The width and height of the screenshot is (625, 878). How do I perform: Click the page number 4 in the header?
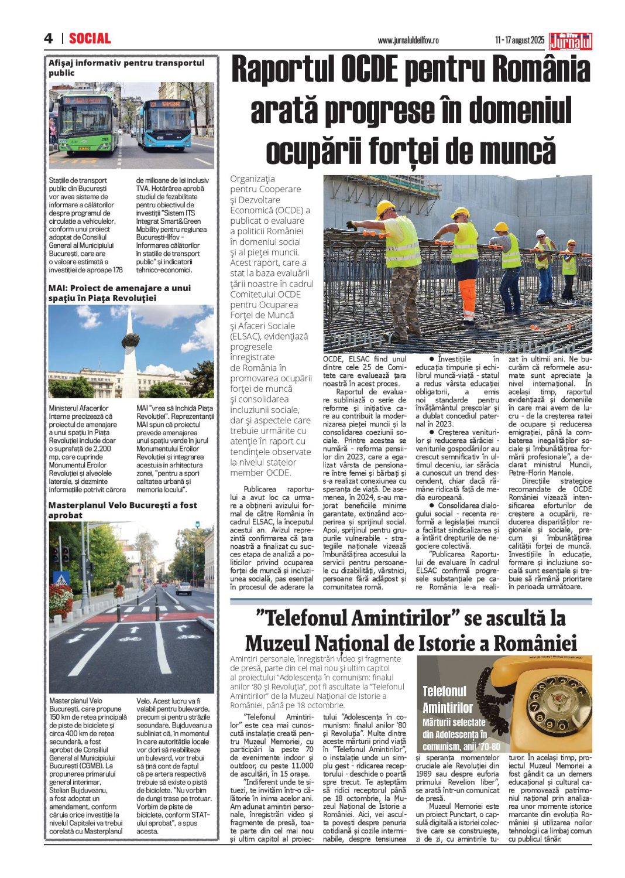pyautogui.click(x=48, y=39)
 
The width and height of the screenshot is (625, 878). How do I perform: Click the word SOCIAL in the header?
pyautogui.click(x=90, y=39)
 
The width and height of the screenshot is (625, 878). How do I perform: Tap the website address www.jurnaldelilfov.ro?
pyautogui.click(x=408, y=40)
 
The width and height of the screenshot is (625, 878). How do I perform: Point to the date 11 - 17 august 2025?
pyautogui.click(x=519, y=40)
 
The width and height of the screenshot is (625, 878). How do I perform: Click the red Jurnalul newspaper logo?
pyautogui.click(x=571, y=41)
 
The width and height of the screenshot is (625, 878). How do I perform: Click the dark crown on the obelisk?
pyautogui.click(x=131, y=339)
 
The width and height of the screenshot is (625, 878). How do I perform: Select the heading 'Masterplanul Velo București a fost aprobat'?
pyautogui.click(x=123, y=510)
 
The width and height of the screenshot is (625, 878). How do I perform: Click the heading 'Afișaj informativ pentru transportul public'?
pyautogui.click(x=126, y=67)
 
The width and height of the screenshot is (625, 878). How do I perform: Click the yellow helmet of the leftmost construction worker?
pyautogui.click(x=385, y=207)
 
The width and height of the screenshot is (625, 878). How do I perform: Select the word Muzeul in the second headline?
pyautogui.click(x=277, y=643)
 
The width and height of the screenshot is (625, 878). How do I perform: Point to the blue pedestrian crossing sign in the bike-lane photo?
pyautogui.click(x=61, y=579)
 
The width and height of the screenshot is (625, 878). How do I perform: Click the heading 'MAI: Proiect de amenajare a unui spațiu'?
pyautogui.click(x=119, y=293)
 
